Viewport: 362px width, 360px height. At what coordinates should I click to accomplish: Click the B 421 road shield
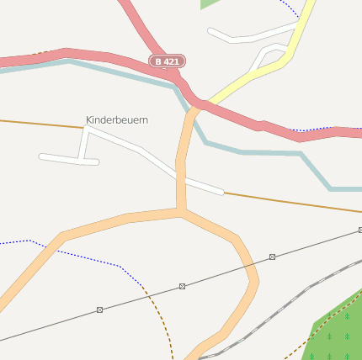tap(167, 61)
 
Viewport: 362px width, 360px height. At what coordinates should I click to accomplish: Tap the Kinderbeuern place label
tap(117, 120)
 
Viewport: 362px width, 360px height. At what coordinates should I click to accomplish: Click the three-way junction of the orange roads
tap(181, 211)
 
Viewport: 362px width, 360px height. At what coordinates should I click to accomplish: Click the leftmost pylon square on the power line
tap(99, 310)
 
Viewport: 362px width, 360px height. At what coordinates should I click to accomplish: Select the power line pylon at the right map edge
tap(359, 230)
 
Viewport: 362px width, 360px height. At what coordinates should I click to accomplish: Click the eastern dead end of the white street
tap(221, 192)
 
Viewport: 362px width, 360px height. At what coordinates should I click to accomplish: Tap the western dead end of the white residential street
tap(42, 156)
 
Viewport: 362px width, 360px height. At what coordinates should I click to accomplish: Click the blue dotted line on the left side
tap(76, 251)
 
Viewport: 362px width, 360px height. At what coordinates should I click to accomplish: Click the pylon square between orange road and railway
tap(272, 256)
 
